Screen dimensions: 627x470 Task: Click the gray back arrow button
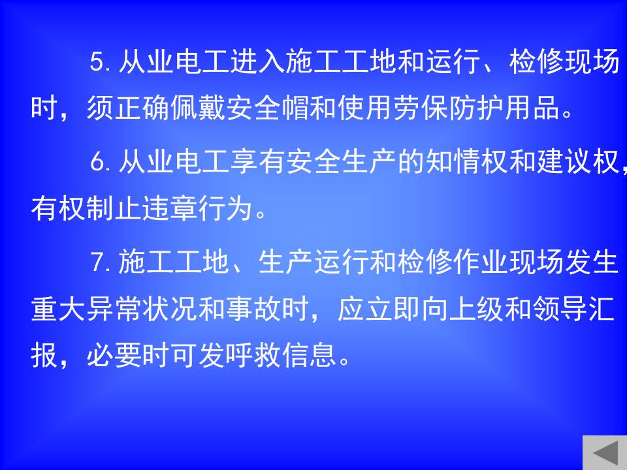tap(605, 452)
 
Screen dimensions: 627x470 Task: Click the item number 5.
tap(99, 62)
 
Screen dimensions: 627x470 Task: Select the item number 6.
tap(99, 162)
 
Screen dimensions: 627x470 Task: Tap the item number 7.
tap(99, 262)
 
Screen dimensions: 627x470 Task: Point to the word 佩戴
tap(199, 108)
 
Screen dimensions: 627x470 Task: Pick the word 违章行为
tap(199, 208)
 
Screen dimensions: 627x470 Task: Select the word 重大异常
tap(87, 309)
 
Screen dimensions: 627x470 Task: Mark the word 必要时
tap(129, 355)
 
